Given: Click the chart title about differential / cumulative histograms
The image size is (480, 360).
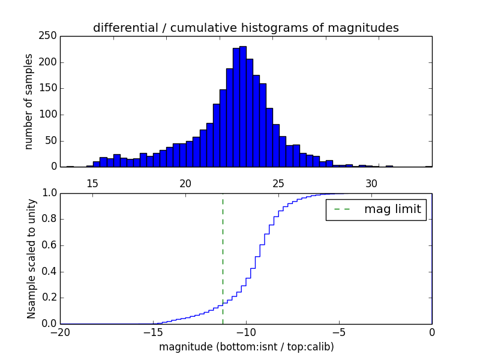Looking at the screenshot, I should [x=246, y=28].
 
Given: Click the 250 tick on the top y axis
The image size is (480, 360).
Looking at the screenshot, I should [x=50, y=36].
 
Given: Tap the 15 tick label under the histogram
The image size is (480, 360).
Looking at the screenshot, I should [x=92, y=183].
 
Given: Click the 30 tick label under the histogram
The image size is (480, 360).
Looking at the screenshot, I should [x=371, y=183].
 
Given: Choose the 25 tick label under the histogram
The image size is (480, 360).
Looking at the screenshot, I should [x=278, y=183].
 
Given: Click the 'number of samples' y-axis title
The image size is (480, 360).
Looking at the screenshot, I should [x=29, y=101].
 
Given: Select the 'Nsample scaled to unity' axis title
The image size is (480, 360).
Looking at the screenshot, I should [x=31, y=258].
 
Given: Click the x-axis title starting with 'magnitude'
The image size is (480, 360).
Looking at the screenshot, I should [x=246, y=347].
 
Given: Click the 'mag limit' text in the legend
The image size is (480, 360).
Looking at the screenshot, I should [x=392, y=209].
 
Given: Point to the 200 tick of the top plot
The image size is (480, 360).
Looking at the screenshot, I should [x=50, y=62].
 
